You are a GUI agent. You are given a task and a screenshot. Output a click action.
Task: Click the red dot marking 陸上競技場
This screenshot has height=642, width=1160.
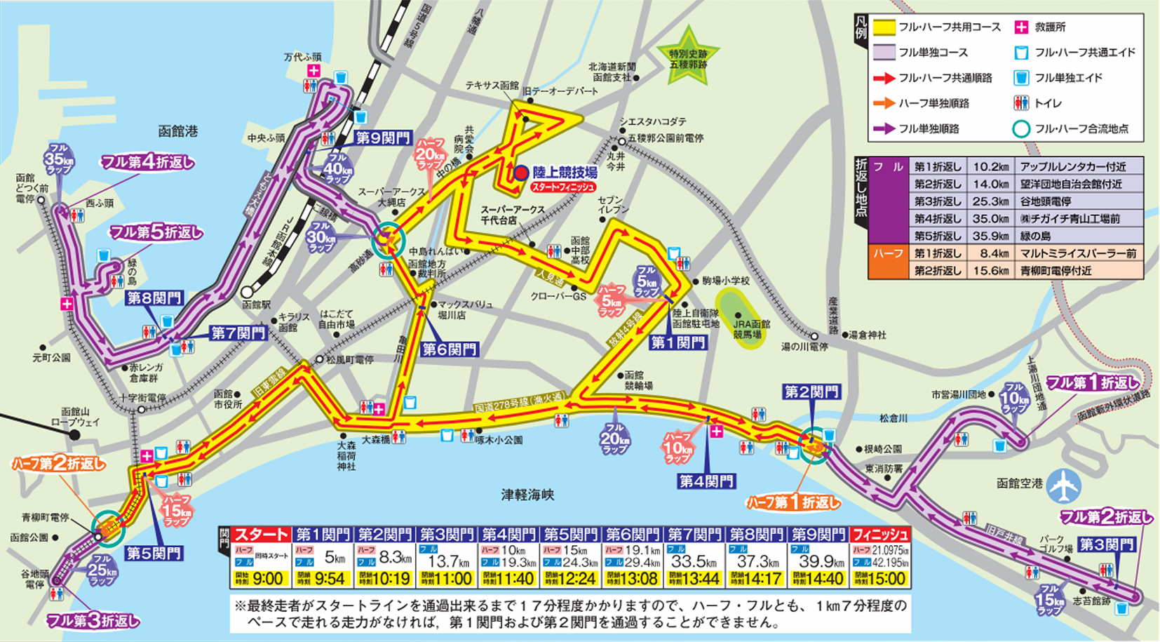pyautogui.click(x=520, y=173)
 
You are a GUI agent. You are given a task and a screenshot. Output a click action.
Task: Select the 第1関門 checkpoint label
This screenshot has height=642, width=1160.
pyautogui.click(x=677, y=342)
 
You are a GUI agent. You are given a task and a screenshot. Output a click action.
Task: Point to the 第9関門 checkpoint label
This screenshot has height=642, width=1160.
pyautogui.click(x=383, y=138)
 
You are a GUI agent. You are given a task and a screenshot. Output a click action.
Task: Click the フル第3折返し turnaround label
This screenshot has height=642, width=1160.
pyautogui.click(x=93, y=620)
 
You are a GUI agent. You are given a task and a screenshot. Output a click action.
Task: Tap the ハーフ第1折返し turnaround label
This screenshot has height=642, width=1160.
pyautogui.click(x=793, y=502)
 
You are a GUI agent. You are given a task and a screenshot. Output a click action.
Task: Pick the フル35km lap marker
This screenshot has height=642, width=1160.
pyautogui.click(x=58, y=159)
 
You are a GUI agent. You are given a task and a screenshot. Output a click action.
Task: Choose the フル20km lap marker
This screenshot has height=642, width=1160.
pyautogui.click(x=614, y=437)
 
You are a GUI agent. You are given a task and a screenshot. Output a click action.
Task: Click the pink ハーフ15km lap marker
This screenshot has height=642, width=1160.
pyautogui.click(x=177, y=511)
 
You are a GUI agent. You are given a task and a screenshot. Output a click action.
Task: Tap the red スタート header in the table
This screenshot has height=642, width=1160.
pyautogui.click(x=262, y=535)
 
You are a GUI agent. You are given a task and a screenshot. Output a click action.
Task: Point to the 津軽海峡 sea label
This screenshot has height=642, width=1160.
pyautogui.click(x=527, y=495)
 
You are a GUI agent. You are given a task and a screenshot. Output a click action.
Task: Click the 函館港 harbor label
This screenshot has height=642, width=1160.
pyautogui.click(x=177, y=131)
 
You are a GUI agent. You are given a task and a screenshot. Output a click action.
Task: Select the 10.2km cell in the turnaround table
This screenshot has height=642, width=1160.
pyautogui.click(x=990, y=166)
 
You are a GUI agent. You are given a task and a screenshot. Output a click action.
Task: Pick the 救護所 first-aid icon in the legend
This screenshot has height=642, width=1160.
pyautogui.click(x=1021, y=27)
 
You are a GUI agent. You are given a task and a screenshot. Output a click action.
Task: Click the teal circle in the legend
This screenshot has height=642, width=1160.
pyautogui.click(x=1021, y=128)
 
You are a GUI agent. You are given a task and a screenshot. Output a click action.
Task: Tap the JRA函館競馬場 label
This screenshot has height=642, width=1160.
pyautogui.click(x=751, y=329)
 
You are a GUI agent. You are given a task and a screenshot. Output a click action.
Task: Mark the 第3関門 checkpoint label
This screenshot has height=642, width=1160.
pyautogui.click(x=1106, y=544)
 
